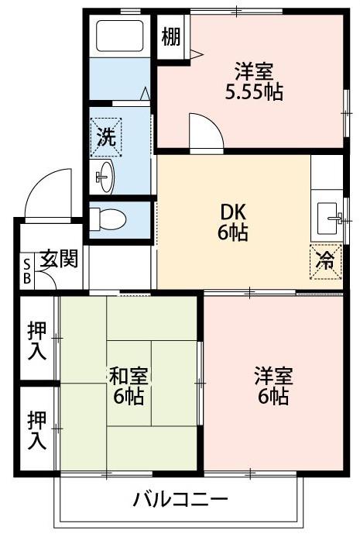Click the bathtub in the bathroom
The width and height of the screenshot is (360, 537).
(119, 36)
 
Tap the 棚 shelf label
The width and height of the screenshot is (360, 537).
(171, 36)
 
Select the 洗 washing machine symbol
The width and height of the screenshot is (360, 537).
(106, 137)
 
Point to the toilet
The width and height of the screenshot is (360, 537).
(108, 219)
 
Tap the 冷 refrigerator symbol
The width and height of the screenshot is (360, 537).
(325, 262)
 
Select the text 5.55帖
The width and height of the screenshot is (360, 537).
(254, 91)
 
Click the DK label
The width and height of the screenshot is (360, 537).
(233, 212)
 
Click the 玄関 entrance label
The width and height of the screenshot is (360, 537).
(59, 259)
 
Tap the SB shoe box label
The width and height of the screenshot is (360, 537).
(26, 271)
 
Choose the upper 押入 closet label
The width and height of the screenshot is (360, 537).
(37, 340)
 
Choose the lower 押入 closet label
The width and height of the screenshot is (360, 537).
(37, 430)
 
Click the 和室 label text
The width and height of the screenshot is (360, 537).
(129, 376)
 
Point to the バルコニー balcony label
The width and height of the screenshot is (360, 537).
(180, 500)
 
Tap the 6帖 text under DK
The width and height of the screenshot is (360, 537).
(233, 233)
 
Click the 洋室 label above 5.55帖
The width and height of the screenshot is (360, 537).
(254, 71)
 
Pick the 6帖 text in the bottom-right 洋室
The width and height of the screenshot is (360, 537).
(273, 396)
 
